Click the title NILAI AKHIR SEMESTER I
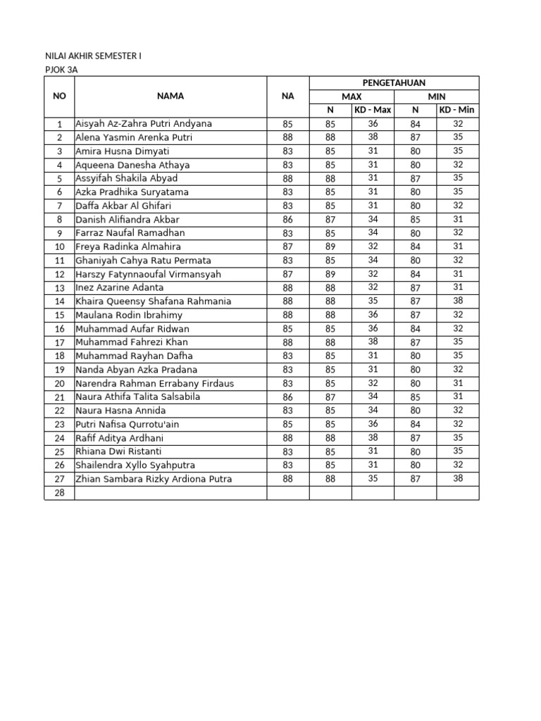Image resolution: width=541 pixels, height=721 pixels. pyautogui.click(x=92, y=56)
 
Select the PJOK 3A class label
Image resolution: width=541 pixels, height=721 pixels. pyautogui.click(x=61, y=70)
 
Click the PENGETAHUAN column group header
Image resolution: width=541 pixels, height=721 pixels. pyautogui.click(x=394, y=83)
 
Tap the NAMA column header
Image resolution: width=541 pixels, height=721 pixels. pyautogui.click(x=170, y=96)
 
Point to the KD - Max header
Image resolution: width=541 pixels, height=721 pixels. pyautogui.click(x=373, y=110)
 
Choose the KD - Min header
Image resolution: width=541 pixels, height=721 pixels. pyautogui.click(x=457, y=110)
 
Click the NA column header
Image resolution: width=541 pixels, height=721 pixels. pyautogui.click(x=287, y=96)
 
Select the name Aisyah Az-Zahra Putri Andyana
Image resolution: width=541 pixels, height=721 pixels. pyautogui.click(x=144, y=124)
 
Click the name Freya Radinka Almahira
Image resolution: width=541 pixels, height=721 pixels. pyautogui.click(x=128, y=246)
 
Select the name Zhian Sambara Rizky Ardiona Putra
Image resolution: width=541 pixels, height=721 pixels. pyautogui.click(x=154, y=479)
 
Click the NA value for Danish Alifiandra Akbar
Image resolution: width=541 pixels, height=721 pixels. pyautogui.click(x=287, y=220)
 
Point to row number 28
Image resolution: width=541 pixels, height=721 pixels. pyautogui.click(x=59, y=493)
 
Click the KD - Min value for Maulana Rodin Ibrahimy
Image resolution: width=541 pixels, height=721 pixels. pyautogui.click(x=457, y=315)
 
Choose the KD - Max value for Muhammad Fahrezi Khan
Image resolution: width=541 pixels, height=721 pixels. pyautogui.click(x=373, y=342)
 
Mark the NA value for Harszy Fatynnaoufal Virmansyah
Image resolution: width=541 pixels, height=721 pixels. pyautogui.click(x=287, y=274)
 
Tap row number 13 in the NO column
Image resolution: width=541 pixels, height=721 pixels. pyautogui.click(x=59, y=288)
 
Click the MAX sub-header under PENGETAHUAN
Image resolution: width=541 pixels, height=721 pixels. pyautogui.click(x=352, y=96)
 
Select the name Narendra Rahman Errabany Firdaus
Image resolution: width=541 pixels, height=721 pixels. pyautogui.click(x=154, y=384)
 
